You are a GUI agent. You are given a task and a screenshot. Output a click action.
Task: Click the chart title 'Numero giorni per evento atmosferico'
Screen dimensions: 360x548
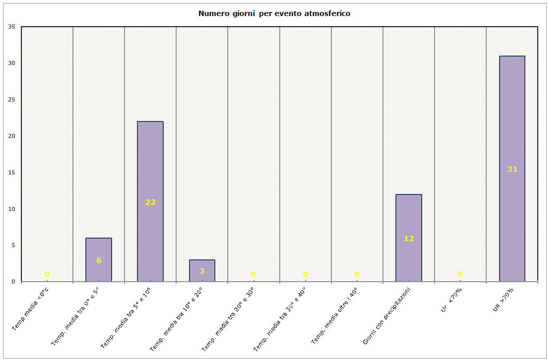click(x=274, y=13)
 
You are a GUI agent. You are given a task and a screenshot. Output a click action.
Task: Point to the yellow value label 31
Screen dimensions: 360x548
click(x=512, y=169)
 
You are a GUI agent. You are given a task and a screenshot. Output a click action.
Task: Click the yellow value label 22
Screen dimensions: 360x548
click(x=150, y=202)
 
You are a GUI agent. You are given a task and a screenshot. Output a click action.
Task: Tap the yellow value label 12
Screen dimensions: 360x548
click(x=409, y=239)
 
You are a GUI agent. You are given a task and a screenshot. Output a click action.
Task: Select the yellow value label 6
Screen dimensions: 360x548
click(x=99, y=260)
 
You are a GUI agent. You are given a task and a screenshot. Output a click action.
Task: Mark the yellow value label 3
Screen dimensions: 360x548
click(x=202, y=271)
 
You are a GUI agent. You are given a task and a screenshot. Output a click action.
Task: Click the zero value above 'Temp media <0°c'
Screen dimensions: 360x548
click(x=47, y=274)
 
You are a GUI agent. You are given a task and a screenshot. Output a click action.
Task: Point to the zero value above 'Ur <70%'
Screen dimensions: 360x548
click(x=460, y=274)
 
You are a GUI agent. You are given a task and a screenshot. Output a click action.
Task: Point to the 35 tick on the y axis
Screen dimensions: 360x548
click(x=12, y=27)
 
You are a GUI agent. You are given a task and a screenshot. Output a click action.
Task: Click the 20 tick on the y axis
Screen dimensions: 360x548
click(x=12, y=136)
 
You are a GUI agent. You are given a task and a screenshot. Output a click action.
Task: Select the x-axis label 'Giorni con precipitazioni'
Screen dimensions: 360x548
click(x=386, y=316)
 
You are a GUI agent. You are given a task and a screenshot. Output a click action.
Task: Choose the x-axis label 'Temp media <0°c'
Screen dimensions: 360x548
click(x=30, y=309)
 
